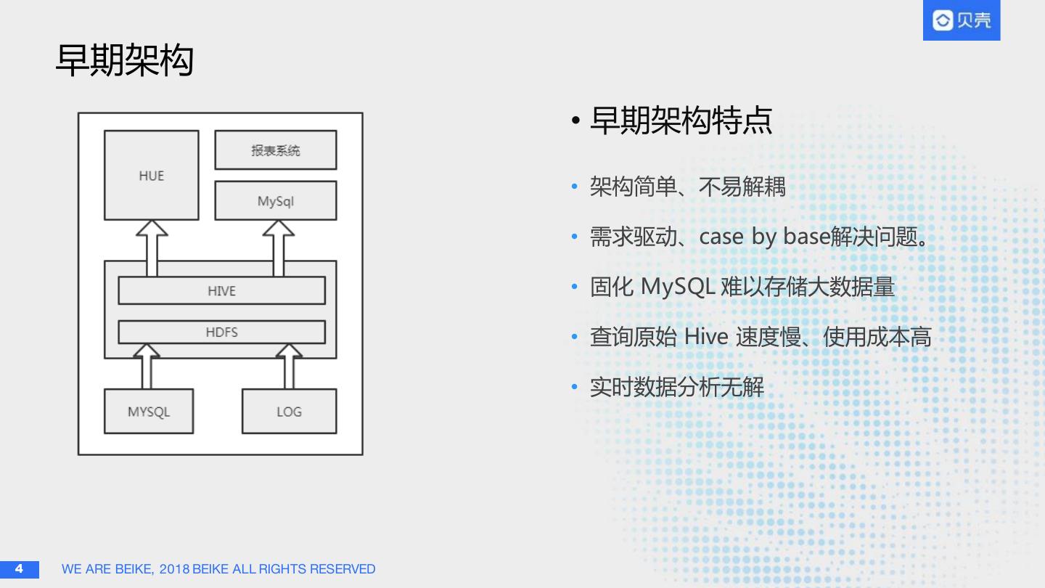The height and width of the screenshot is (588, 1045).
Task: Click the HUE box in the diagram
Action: (x=152, y=175)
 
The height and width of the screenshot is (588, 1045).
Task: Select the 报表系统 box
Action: (x=275, y=150)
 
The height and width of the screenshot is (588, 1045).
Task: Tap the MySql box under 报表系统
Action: (x=275, y=200)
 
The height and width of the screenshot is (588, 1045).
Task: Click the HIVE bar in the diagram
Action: (x=221, y=290)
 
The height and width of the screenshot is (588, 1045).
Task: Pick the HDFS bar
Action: (x=221, y=332)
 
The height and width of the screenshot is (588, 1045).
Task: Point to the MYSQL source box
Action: (x=149, y=412)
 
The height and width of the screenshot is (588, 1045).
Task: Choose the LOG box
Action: (x=289, y=412)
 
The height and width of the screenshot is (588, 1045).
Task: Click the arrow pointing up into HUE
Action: (x=152, y=247)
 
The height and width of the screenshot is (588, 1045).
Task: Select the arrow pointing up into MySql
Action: (x=278, y=247)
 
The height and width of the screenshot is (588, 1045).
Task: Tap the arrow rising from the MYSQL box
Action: (x=147, y=366)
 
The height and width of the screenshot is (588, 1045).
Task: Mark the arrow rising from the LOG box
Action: (x=289, y=366)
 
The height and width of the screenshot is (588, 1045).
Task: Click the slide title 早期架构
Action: (x=125, y=60)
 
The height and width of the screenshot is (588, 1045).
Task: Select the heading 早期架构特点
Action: (x=681, y=121)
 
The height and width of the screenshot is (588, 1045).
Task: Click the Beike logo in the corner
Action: (x=961, y=20)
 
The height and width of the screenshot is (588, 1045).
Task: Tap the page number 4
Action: (x=19, y=568)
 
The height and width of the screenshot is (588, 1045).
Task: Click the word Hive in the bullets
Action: (x=706, y=337)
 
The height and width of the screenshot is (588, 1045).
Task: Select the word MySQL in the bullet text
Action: (x=677, y=287)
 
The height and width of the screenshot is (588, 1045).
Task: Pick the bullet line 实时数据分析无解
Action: (x=676, y=387)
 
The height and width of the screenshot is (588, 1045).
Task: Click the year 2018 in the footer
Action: (x=174, y=569)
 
